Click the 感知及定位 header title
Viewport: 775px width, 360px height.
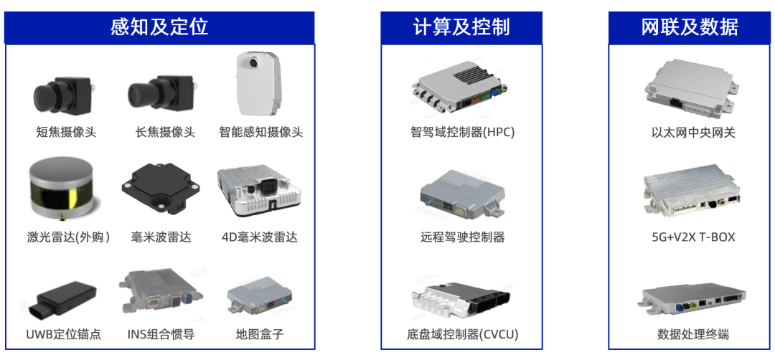tap(159, 27)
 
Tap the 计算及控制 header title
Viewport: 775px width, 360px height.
tap(461, 27)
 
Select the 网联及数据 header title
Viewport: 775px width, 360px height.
tap(690, 27)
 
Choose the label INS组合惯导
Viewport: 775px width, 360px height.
tap(161, 334)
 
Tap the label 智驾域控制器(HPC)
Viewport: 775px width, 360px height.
tap(462, 133)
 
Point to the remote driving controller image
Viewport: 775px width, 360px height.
tap(462, 194)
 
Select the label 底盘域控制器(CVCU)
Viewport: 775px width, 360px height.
tap(462, 334)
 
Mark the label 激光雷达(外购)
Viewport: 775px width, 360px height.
tap(68, 237)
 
